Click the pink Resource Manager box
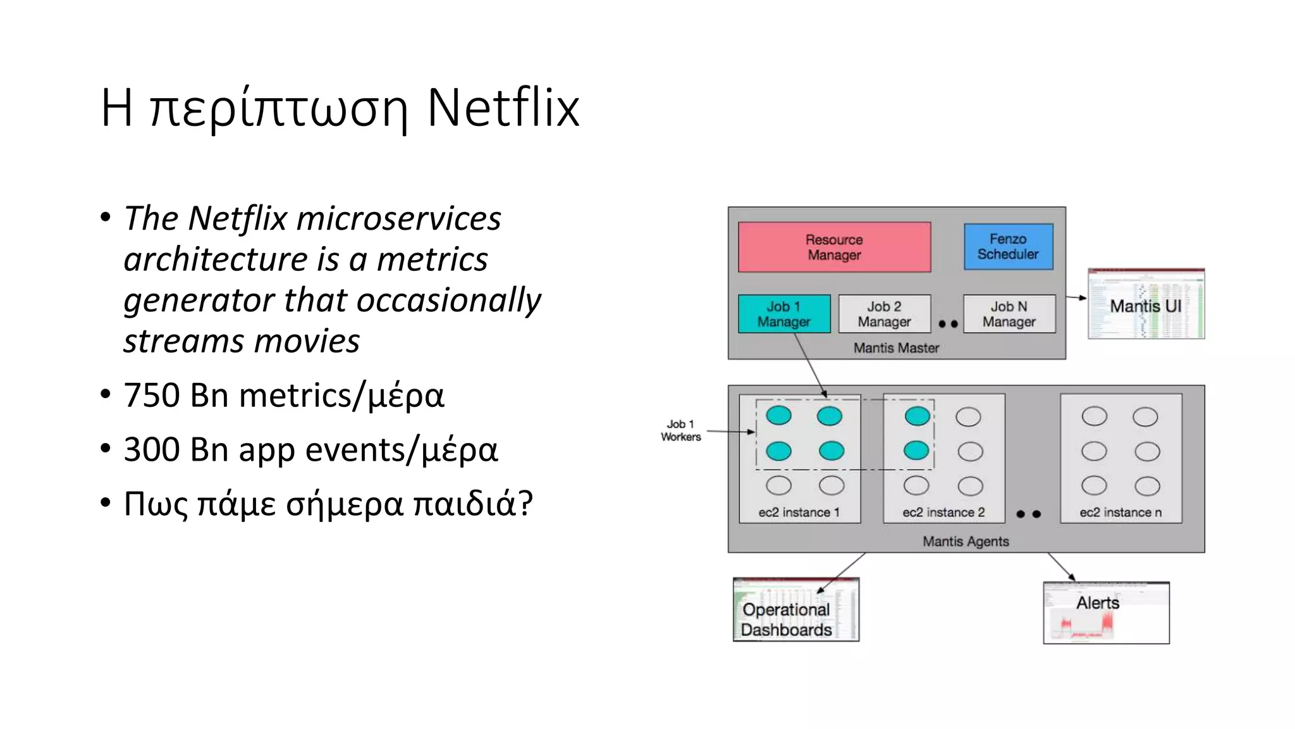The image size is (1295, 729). point(834,247)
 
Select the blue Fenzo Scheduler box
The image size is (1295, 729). point(1008,247)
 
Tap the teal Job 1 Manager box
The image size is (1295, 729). point(784,314)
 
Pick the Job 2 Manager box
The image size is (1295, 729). point(884,314)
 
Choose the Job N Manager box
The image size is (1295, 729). point(1009,314)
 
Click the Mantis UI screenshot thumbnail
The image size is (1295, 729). point(1146,304)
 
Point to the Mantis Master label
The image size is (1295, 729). point(896,348)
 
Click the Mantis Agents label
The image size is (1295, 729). point(966,541)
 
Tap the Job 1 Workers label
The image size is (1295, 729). point(681,430)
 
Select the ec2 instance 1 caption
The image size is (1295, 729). point(799,513)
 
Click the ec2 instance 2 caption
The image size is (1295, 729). point(943,513)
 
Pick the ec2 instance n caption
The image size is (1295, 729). point(1120,513)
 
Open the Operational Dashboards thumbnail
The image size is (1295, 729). point(795,610)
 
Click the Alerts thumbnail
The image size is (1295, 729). point(1106,613)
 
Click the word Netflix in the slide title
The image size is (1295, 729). point(503,108)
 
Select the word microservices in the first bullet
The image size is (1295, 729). point(398,218)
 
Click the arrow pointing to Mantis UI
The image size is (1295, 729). point(1076,297)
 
